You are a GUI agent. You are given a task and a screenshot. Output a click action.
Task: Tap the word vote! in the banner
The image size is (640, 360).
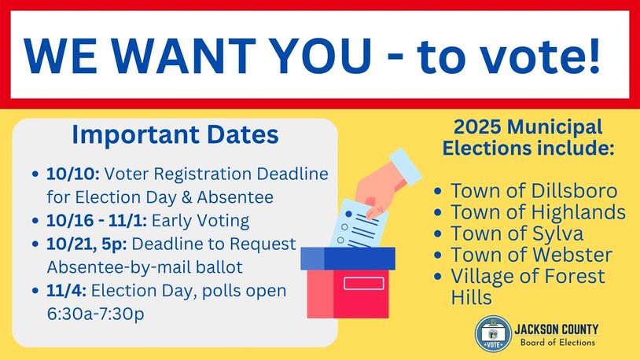[x=540, y=56]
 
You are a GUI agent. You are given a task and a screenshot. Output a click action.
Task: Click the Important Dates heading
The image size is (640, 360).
[x=175, y=134]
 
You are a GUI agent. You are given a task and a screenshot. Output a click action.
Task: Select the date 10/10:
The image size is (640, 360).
[x=72, y=174]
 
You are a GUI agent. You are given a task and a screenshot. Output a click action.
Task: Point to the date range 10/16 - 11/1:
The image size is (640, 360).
[x=97, y=221]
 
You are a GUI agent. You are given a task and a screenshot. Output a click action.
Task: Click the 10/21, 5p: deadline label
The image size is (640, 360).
[x=86, y=244]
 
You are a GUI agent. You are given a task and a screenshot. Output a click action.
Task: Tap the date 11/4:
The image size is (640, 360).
[x=66, y=291]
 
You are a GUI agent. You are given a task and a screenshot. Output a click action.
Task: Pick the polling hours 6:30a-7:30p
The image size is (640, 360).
[x=95, y=314]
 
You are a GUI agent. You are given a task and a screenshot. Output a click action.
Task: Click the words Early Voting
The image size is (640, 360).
[x=200, y=221]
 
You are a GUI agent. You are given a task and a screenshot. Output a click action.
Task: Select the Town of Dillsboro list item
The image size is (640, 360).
[x=534, y=191]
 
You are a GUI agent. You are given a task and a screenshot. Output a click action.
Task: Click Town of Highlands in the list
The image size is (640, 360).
[x=538, y=212]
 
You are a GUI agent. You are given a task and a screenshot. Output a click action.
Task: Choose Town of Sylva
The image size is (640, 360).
[x=517, y=233]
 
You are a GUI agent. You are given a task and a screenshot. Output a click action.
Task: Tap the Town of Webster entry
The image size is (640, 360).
[x=531, y=255]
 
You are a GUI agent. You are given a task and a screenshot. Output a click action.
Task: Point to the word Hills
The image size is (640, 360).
[x=471, y=297]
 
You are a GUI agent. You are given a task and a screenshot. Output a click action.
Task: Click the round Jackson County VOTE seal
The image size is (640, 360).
[x=493, y=333]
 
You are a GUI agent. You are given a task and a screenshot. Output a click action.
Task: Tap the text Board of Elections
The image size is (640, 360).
[x=557, y=343]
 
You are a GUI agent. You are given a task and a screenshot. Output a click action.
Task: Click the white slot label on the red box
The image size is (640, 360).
[x=364, y=283]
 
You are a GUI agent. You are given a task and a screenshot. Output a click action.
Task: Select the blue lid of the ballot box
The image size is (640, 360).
[x=348, y=259]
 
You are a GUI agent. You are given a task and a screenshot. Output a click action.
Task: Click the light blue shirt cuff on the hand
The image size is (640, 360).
[x=405, y=167]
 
